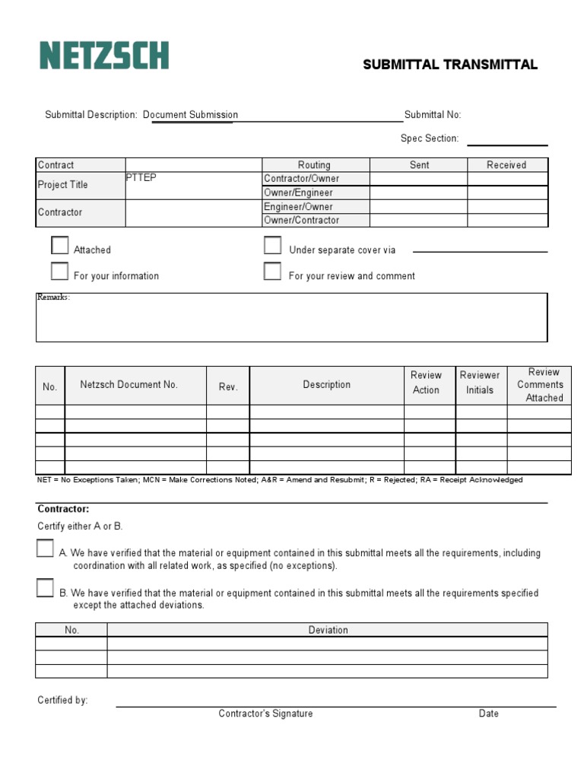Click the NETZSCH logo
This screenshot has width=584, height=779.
(104, 56)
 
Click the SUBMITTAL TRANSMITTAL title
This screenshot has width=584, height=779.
(450, 65)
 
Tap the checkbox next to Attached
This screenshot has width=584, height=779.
(60, 245)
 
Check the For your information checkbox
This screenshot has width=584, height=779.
(60, 272)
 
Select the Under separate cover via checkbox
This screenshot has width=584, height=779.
(272, 245)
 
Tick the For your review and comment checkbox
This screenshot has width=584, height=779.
(272, 272)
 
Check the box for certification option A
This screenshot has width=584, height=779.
(45, 548)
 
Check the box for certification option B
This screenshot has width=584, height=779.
(45, 588)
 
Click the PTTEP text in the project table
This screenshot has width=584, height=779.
(141, 177)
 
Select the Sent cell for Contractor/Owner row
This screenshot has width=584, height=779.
(418, 179)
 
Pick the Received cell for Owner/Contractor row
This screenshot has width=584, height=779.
(506, 221)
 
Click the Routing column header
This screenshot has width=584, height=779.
(314, 165)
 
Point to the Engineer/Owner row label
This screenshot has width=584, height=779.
(298, 207)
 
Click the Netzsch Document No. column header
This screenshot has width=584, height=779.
(129, 385)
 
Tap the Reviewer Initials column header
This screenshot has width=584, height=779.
(480, 383)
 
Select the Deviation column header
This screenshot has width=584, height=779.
(328, 630)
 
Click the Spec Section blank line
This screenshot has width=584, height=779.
(506, 143)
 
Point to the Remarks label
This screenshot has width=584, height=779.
(53, 297)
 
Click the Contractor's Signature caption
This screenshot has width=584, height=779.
(265, 714)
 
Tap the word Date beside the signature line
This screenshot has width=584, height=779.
(488, 714)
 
